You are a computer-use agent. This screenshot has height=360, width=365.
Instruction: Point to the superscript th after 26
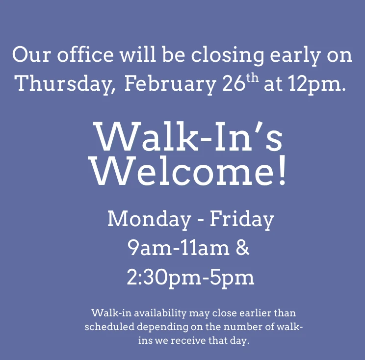pyautogui.click(x=252, y=78)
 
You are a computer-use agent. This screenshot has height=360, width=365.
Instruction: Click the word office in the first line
pyautogui.click(x=85, y=54)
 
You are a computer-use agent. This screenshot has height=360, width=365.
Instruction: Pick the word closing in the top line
pyautogui.click(x=228, y=55)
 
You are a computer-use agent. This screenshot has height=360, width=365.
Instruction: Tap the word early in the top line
pyautogui.click(x=295, y=55)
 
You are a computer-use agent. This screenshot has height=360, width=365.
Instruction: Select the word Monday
pyautogui.click(x=149, y=219)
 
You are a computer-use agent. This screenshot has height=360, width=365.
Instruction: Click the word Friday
pyautogui.click(x=242, y=219)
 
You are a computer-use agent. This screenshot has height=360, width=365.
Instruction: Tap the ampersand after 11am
pyautogui.click(x=242, y=248)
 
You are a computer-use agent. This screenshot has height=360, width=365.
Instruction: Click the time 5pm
pyautogui.click(x=232, y=278)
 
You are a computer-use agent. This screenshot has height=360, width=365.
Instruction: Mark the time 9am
pyautogui.click(x=150, y=248)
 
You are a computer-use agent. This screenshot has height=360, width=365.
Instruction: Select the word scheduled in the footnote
pyautogui.click(x=109, y=327)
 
